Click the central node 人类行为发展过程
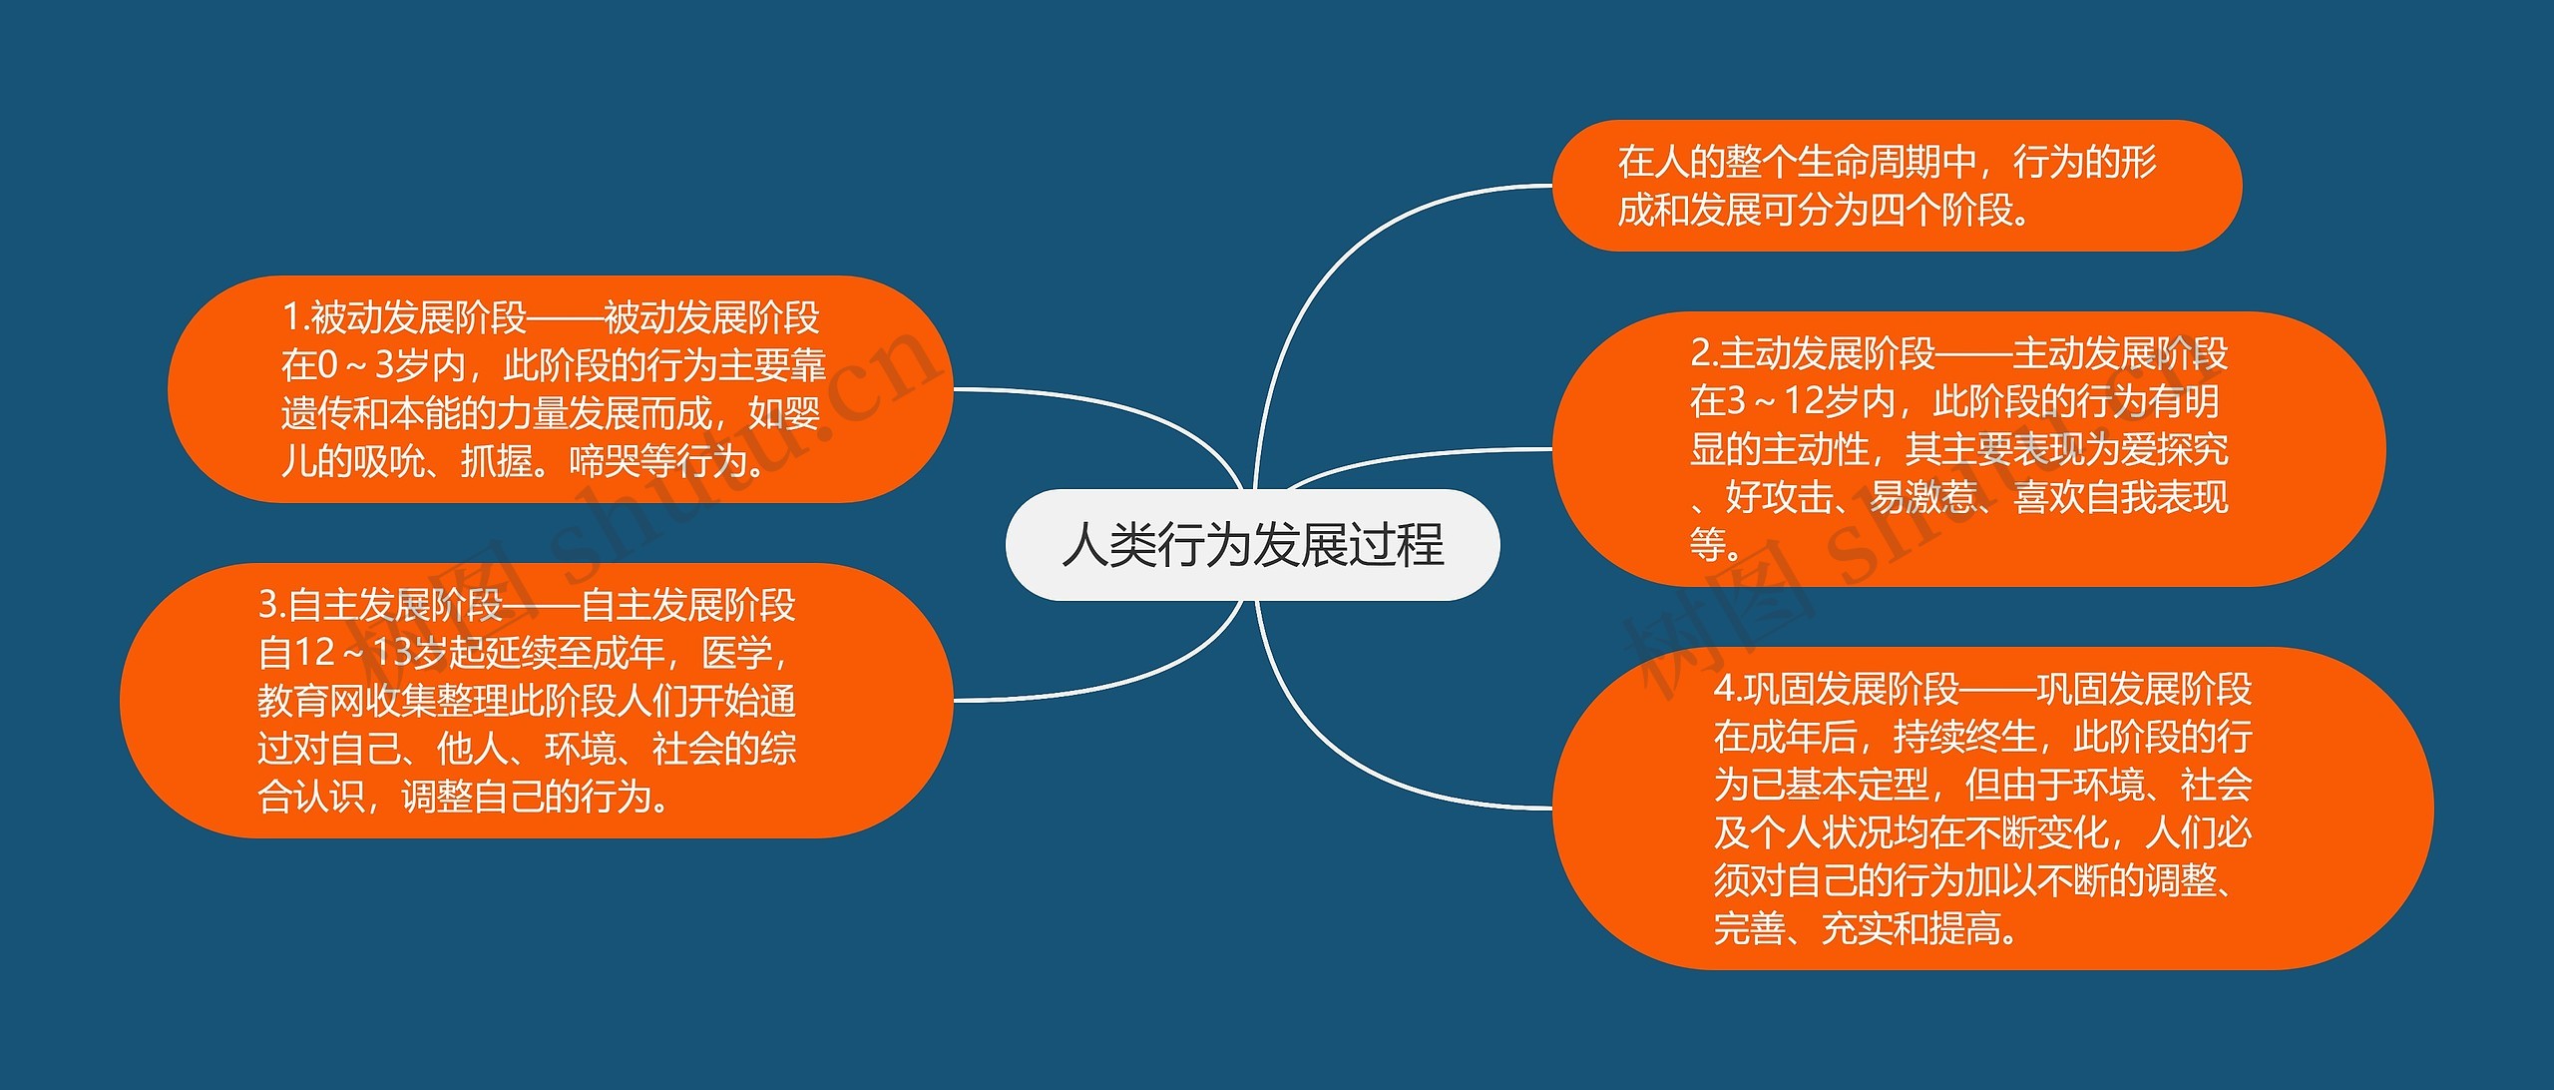coord(1252,545)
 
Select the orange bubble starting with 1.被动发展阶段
coord(559,389)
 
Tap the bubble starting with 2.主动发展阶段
coord(1965,449)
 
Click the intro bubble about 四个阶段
coord(1896,186)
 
